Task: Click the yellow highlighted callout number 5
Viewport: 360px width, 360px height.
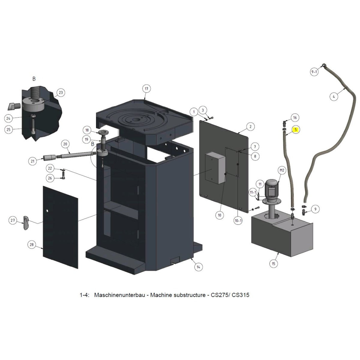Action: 296,130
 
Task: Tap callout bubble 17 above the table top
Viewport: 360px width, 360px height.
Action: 146,89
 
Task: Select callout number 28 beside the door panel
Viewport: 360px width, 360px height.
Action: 31,244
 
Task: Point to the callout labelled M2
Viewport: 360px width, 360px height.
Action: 282,171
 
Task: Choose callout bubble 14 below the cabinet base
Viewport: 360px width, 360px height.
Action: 198,266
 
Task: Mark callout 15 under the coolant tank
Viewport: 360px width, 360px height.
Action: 273,264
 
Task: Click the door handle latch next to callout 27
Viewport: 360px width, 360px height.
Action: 25,222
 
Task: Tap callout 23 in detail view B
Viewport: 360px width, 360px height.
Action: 61,93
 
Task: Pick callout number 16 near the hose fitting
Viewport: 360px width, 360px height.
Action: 295,118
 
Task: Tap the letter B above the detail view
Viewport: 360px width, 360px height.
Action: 34,79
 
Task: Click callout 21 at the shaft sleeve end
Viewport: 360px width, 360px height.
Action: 33,161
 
